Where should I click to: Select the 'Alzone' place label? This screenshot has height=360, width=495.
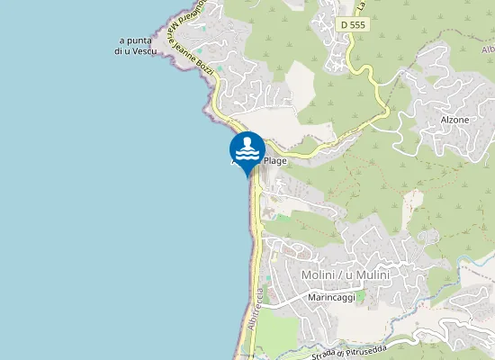tap(454, 119)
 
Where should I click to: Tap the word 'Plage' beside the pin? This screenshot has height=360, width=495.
tap(274, 160)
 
